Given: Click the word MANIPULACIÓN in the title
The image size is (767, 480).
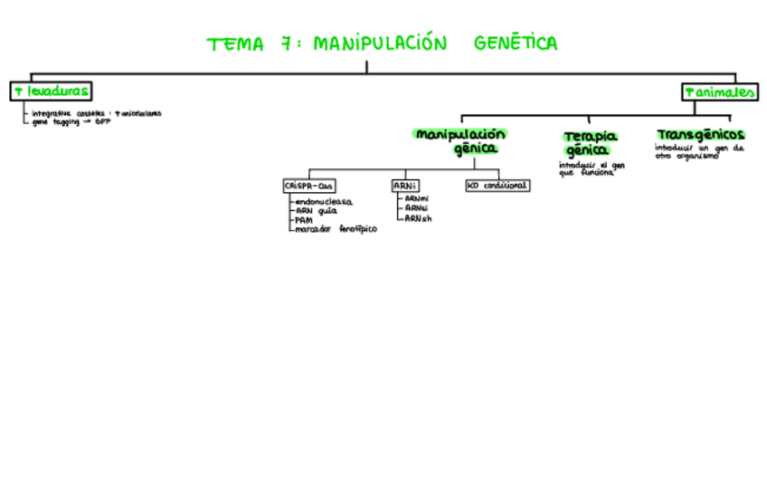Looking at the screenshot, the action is point(381,43).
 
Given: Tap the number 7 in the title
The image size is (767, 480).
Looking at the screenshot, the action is point(284,43).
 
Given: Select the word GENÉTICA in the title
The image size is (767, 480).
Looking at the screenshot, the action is point(516,43).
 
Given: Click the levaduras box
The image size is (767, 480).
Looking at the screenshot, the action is point(51,91).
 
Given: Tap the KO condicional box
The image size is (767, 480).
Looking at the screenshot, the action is point(497,186).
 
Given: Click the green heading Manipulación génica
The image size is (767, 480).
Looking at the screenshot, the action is point(459,141).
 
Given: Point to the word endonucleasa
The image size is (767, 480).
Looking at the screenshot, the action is point(323,201).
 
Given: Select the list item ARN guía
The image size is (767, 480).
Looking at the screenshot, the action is point(316,210).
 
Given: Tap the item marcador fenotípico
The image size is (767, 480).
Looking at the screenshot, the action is point(335,229).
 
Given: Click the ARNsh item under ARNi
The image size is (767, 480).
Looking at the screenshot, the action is point(418,218).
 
